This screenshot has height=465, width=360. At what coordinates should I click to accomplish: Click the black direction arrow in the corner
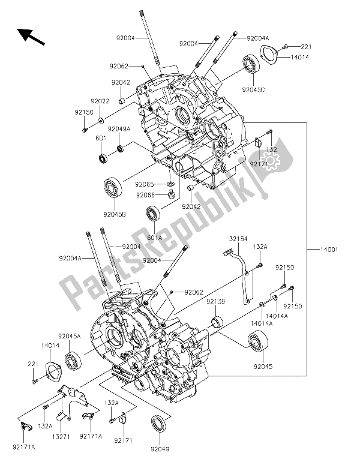coord(31,36)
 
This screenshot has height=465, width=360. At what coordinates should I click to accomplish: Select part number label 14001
coord(329,250)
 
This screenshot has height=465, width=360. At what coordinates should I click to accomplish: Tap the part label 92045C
coord(253,90)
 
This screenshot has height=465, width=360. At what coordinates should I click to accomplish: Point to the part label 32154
coord(238,239)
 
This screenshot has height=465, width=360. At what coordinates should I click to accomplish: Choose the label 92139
coord(216,302)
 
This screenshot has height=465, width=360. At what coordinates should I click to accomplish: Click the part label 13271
coord(61,436)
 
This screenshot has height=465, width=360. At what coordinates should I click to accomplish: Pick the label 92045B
coord(115,214)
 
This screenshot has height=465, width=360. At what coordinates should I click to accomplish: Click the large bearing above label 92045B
coord(113,189)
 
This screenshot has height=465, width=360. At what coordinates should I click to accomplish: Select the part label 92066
coord(145,195)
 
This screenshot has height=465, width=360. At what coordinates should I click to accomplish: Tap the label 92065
coord(145,184)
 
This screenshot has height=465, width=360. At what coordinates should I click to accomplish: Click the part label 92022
coord(100,101)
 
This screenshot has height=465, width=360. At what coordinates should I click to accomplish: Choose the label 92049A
coord(119,129)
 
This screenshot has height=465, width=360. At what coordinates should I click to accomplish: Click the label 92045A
coord(70,336)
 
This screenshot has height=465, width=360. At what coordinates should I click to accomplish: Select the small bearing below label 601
coord(103,158)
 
